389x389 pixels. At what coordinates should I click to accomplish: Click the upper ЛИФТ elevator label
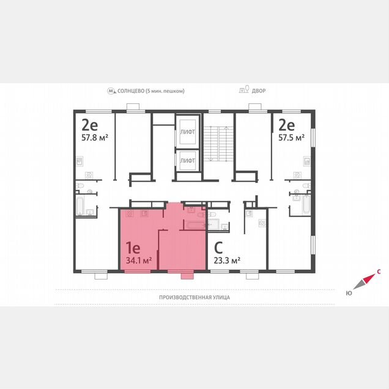point(187,132)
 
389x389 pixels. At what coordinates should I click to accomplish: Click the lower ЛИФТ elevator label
point(187,160)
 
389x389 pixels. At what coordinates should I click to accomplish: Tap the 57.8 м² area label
point(95,137)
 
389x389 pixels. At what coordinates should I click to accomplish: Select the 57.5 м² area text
point(291,137)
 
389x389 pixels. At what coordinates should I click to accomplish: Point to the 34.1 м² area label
point(139,261)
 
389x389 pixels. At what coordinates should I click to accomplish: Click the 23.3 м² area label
point(227,261)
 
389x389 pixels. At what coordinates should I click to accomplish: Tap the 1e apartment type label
point(133,247)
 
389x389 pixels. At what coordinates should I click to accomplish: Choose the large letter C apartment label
point(218,247)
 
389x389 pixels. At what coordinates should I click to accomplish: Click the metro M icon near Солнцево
point(112,91)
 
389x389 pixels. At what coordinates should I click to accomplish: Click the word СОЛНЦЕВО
point(131,91)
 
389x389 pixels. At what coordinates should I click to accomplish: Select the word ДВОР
point(259,91)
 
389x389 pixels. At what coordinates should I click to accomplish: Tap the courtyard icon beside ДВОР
point(244,89)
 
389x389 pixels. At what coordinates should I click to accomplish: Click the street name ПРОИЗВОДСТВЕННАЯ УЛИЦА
point(194,297)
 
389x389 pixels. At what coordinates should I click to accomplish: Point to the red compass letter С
point(379,272)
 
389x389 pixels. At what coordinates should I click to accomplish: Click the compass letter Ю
point(349,293)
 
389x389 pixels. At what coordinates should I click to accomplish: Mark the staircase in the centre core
point(219,144)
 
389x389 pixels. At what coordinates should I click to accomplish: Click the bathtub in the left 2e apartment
point(80,206)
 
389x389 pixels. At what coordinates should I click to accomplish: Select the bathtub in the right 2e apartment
point(306,204)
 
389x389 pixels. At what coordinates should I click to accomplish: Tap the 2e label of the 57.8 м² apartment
point(90,125)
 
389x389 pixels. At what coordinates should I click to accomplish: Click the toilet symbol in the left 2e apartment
point(80,185)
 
